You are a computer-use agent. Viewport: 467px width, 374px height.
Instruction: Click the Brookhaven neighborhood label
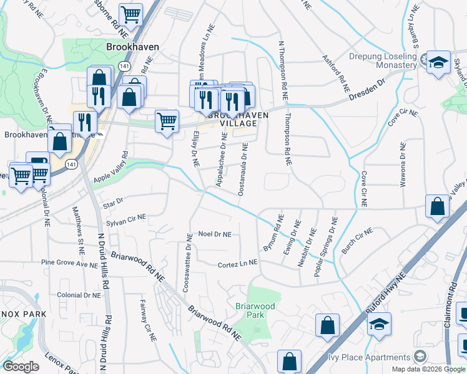(132, 47)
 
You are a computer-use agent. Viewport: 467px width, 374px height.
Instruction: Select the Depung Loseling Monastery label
(383, 60)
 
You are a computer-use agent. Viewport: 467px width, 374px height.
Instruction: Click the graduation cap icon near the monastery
(438, 62)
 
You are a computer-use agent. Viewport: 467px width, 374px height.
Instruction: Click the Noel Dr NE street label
(214, 234)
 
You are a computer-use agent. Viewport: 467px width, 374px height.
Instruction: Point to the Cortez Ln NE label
(238, 264)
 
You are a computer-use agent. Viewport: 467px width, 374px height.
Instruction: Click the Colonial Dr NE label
(75, 295)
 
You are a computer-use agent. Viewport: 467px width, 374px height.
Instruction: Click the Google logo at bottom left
(21, 366)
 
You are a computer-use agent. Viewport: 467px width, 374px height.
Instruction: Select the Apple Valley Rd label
(110, 168)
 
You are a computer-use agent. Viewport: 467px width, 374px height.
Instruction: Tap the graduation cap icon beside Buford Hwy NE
(379, 325)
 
